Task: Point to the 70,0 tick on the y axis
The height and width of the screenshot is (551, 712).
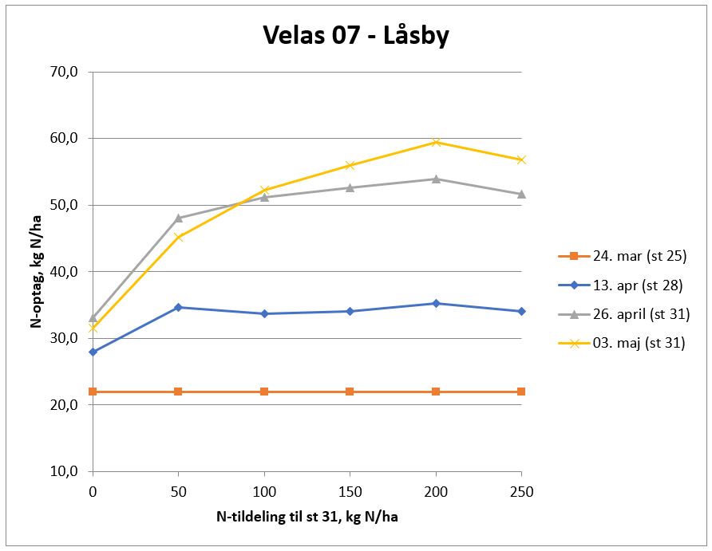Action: [63, 72]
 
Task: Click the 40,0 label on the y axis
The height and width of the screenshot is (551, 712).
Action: [63, 272]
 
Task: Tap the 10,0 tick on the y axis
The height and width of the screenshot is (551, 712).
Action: [63, 471]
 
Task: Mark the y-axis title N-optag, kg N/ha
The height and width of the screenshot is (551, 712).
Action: [36, 271]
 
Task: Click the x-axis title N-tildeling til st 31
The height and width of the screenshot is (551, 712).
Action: [307, 518]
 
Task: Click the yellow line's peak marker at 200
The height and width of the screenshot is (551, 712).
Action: [436, 142]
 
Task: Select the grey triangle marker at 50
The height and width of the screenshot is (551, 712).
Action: [178, 218]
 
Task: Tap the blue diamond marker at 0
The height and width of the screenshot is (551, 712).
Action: [93, 352]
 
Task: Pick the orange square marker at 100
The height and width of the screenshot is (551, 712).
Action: [264, 392]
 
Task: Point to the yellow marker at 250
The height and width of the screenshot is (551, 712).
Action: [521, 159]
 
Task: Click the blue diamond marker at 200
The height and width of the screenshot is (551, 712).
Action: [436, 303]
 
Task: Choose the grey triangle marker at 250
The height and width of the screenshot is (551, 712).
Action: [521, 194]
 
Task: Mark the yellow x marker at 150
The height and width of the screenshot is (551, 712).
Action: [350, 165]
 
